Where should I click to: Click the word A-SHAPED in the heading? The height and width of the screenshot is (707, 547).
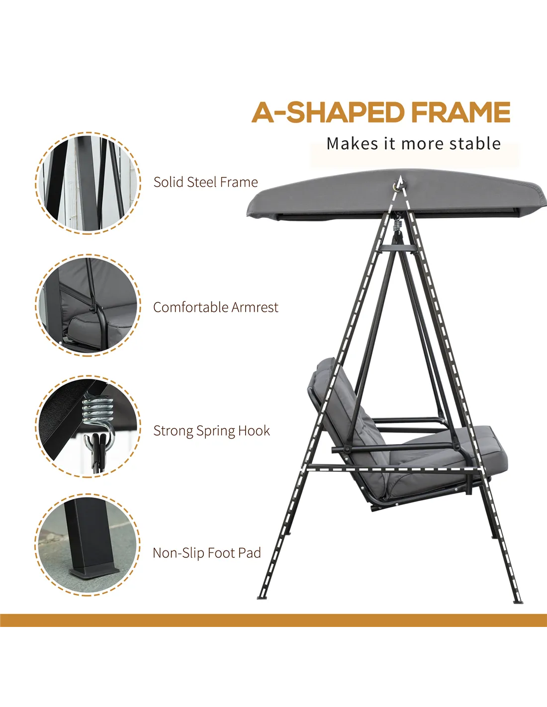pos(328,112)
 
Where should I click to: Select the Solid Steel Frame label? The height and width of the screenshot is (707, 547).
pos(206,182)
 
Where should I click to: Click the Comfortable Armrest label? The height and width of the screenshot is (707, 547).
pos(216,307)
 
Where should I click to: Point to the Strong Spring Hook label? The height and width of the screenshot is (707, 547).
pos(211,431)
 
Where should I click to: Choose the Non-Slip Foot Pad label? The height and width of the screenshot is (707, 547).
pos(207,553)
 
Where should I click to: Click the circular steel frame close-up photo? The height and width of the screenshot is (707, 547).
pos(88,183)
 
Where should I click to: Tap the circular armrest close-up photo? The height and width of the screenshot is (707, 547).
pos(88,305)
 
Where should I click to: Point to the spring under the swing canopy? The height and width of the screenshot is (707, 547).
pos(397,224)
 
